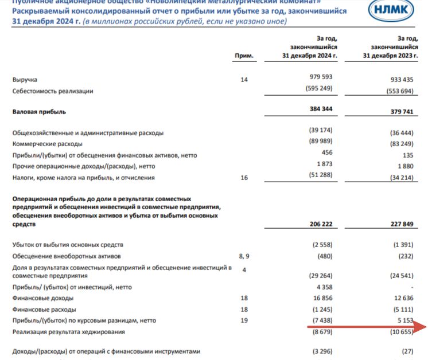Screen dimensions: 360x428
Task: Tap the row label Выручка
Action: click(x=25, y=80)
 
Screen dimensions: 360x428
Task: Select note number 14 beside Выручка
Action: click(x=244, y=80)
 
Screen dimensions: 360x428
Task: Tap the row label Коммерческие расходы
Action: click(x=48, y=143)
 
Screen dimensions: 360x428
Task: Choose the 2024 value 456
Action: click(x=327, y=153)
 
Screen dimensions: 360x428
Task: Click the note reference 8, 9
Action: click(x=244, y=256)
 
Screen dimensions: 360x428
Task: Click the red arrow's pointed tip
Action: click(x=426, y=327)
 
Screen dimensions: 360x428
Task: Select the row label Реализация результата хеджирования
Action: click(x=68, y=332)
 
